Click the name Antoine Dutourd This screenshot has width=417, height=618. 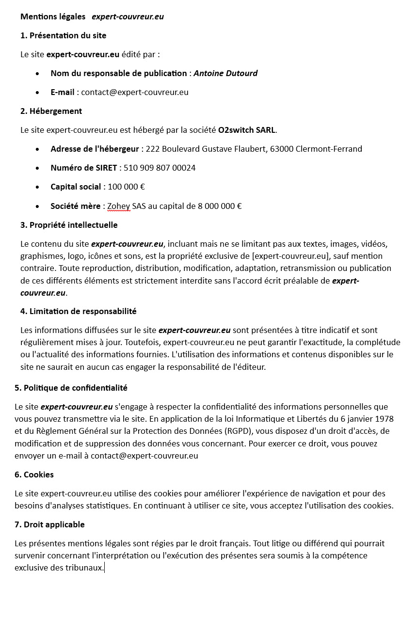tap(225, 73)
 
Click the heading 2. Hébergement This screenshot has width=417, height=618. tap(51, 111)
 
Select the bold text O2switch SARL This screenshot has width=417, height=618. tap(247, 130)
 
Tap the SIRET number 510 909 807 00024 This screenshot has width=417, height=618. tap(160, 168)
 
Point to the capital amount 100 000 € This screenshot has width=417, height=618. tap(126, 187)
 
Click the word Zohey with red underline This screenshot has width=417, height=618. tap(118, 206)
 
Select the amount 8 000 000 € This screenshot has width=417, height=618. tap(220, 206)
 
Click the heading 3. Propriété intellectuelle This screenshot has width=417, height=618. tap(69, 225)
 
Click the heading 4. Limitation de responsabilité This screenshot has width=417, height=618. tap(78, 311)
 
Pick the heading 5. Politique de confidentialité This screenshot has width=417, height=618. tap(71, 388)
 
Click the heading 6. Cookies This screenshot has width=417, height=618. tap(34, 475)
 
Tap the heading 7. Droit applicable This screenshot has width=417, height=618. tap(49, 524)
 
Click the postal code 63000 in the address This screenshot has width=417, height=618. tap(282, 149)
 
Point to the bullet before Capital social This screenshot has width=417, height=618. tap(38, 187)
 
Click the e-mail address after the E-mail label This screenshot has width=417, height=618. tap(135, 92)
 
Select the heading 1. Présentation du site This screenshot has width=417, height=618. tap(63, 35)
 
